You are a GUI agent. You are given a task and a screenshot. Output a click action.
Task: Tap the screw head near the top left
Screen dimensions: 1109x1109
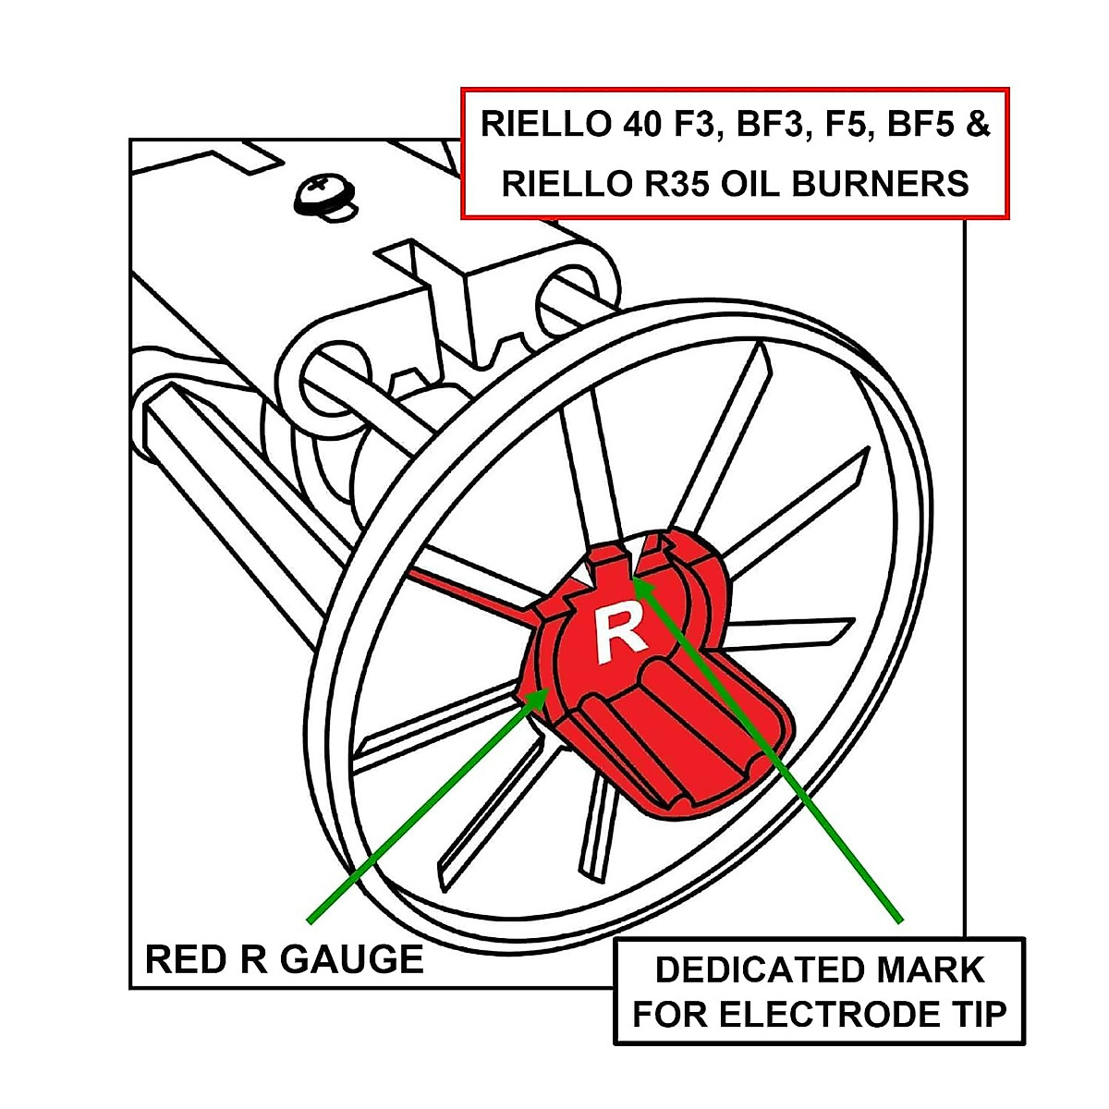(323, 194)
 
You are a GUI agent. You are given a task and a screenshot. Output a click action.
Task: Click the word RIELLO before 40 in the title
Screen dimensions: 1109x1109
(537, 125)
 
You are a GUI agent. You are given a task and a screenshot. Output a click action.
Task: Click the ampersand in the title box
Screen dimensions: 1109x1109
(978, 125)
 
